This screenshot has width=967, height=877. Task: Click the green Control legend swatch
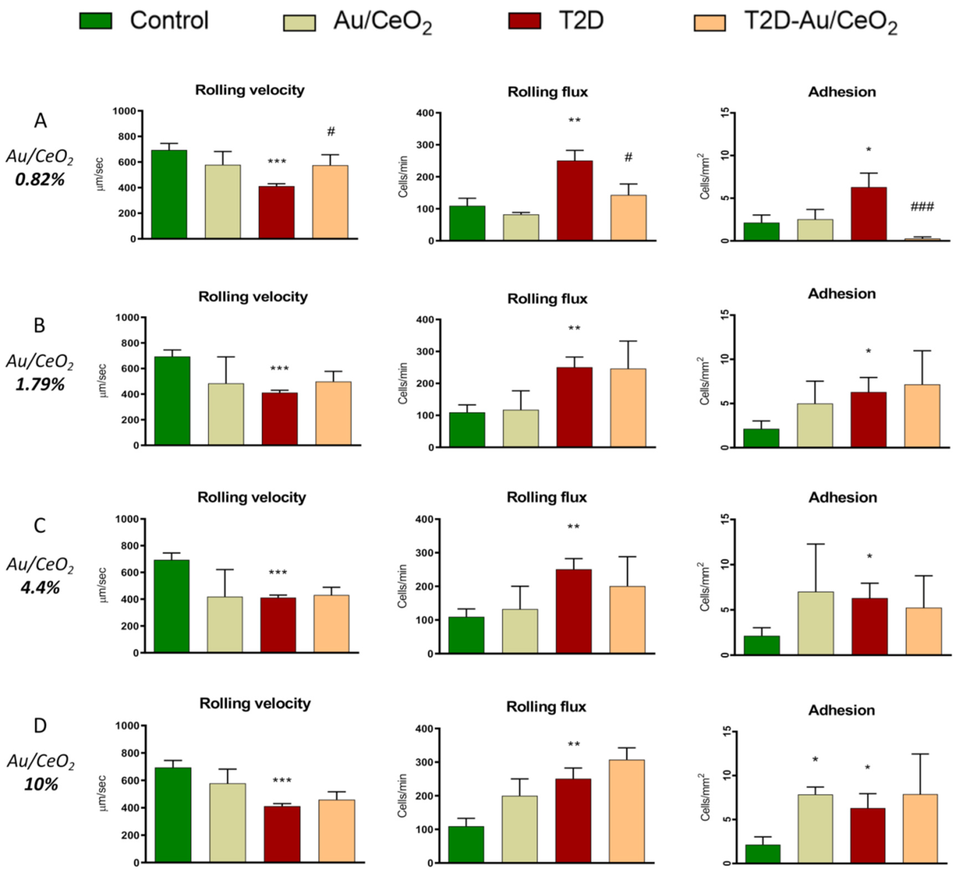[x=96, y=21]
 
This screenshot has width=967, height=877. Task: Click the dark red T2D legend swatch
[x=524, y=21]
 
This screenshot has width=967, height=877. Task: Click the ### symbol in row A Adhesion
[x=922, y=207]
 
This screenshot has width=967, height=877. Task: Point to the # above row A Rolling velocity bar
[x=331, y=131]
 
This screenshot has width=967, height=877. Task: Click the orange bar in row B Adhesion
[x=922, y=416]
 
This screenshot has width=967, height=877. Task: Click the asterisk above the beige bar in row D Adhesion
[x=815, y=759]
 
